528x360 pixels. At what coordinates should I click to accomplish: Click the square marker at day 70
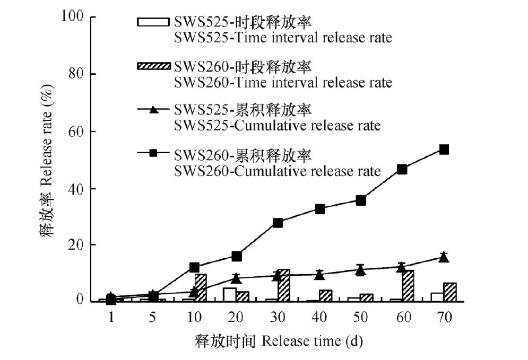click(x=444, y=150)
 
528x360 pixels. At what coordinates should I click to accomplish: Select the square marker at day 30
click(x=278, y=223)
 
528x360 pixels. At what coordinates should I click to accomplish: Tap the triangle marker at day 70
click(x=444, y=258)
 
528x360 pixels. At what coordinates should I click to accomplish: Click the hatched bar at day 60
click(x=408, y=286)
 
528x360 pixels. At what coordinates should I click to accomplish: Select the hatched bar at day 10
click(x=201, y=287)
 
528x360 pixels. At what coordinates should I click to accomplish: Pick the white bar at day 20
click(x=229, y=294)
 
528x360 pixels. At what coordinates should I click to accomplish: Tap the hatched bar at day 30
click(x=284, y=285)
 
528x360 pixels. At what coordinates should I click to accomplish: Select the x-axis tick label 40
click(x=319, y=318)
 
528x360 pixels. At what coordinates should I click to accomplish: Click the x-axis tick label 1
click(x=111, y=318)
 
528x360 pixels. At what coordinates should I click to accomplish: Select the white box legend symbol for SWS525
click(x=154, y=22)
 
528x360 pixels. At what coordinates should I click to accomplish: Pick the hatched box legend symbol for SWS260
click(x=154, y=66)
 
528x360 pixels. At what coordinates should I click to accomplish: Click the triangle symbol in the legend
click(x=154, y=110)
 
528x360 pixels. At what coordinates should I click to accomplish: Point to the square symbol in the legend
click(x=154, y=153)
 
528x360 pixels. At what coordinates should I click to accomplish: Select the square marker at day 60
click(x=402, y=169)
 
